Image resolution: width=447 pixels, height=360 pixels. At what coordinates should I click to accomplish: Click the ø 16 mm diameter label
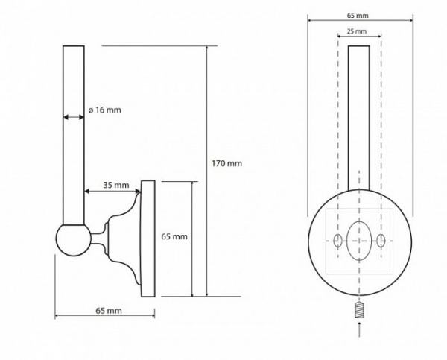(104, 110)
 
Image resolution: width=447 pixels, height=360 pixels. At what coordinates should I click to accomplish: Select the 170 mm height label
(226, 163)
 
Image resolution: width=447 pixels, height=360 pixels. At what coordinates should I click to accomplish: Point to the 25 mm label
(357, 31)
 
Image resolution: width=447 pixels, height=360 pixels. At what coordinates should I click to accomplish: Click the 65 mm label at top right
(358, 16)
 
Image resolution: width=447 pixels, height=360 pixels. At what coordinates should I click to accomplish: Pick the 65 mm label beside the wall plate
(174, 236)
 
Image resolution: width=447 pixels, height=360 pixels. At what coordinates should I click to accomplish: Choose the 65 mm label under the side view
(108, 311)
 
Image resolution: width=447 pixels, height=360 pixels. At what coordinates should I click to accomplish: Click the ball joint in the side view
(74, 240)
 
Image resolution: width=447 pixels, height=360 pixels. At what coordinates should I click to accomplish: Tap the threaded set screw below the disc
(359, 310)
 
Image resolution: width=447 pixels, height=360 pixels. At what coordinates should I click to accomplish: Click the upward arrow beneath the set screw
(359, 329)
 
